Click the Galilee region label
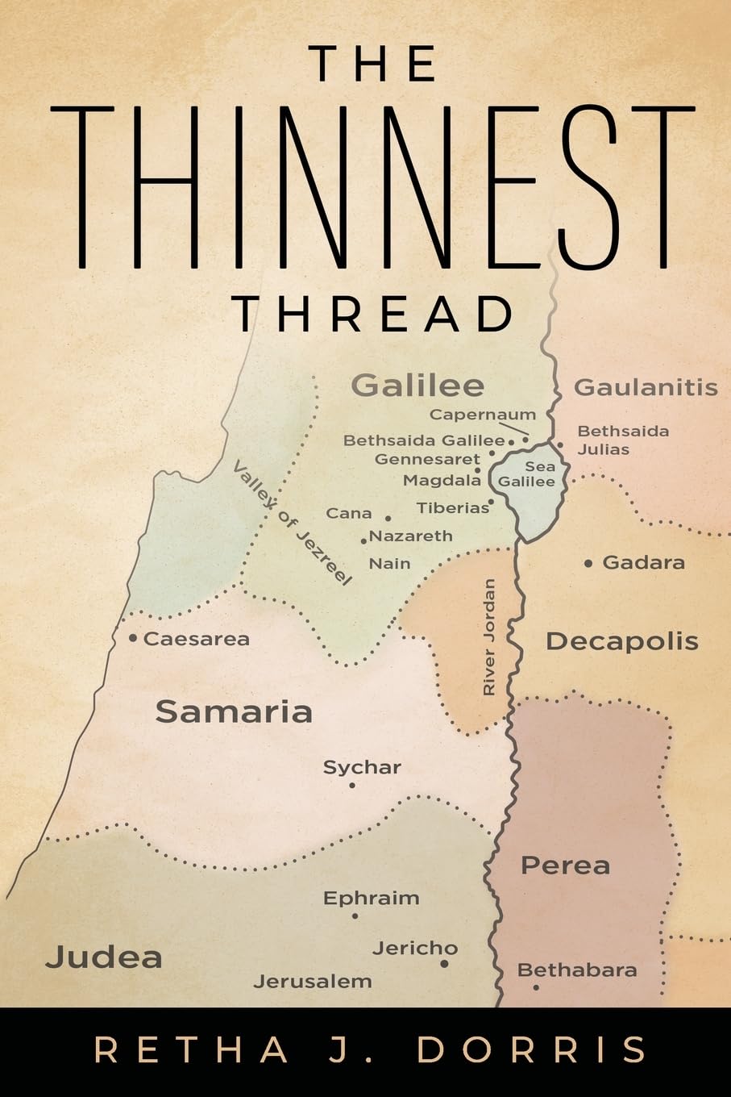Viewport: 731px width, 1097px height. (x=417, y=386)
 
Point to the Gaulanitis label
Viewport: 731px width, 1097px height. (x=646, y=388)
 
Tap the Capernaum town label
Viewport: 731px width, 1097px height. (x=482, y=415)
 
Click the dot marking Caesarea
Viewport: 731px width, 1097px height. (x=133, y=638)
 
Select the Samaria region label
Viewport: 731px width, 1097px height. (x=234, y=711)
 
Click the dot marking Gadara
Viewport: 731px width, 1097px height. (x=588, y=563)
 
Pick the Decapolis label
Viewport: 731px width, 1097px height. (x=621, y=642)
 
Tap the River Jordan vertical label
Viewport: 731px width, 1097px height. (x=489, y=637)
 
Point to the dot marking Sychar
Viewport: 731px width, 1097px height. (x=352, y=785)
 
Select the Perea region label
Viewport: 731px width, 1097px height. (x=565, y=866)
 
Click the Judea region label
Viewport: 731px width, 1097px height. (x=104, y=957)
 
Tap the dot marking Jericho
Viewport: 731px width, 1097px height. (x=444, y=963)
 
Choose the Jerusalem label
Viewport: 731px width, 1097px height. (x=313, y=982)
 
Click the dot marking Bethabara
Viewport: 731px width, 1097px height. (x=536, y=987)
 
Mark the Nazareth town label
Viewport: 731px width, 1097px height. (x=411, y=536)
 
